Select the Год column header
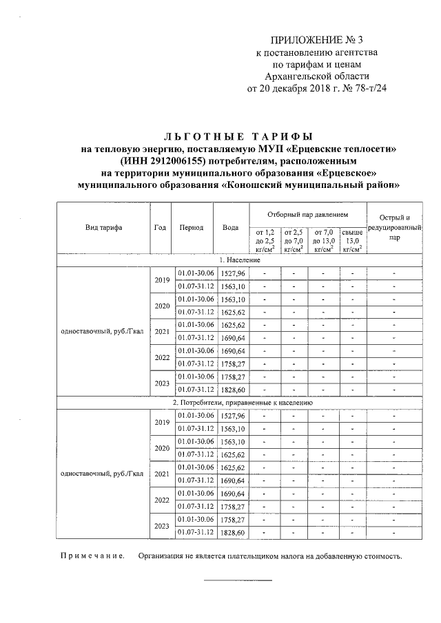click(x=161, y=228)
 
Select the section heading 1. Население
click(x=239, y=260)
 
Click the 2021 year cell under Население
click(x=161, y=331)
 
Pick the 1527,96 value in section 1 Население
click(x=232, y=274)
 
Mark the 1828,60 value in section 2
click(x=232, y=533)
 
